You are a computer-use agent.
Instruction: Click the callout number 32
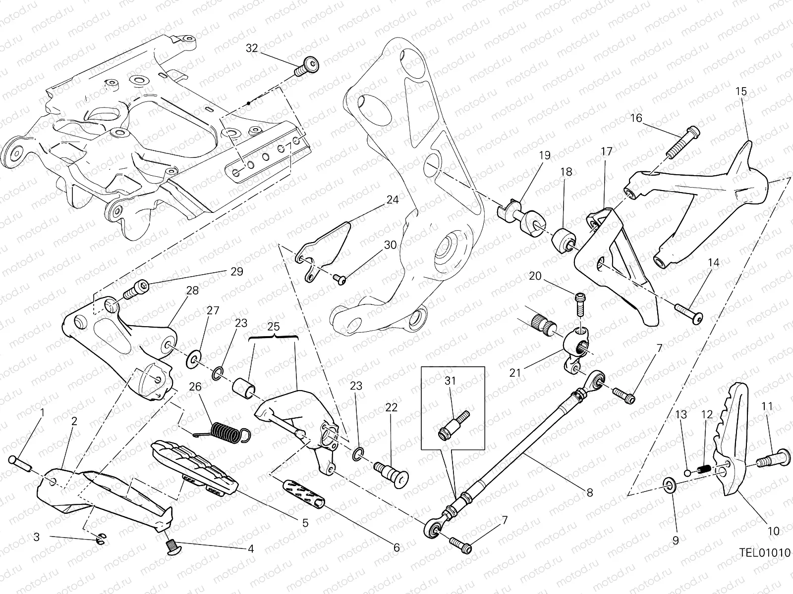click(x=252, y=48)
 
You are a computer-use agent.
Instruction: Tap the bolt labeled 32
click(x=307, y=66)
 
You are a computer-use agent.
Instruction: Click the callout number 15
click(x=741, y=91)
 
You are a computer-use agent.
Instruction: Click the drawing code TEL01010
click(x=765, y=552)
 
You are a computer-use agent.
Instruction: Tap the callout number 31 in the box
click(x=450, y=381)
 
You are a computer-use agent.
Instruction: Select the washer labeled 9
click(x=669, y=485)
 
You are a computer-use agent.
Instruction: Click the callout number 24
click(x=393, y=200)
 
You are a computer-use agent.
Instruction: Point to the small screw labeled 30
click(x=339, y=279)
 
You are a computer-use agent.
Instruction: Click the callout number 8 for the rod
click(x=589, y=493)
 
